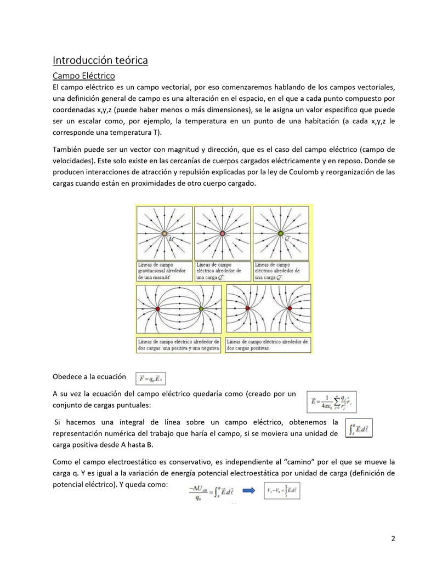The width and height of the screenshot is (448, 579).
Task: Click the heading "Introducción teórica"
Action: click(x=100, y=60)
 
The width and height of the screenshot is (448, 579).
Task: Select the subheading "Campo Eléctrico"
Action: click(x=83, y=76)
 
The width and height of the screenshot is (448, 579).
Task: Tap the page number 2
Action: click(x=393, y=538)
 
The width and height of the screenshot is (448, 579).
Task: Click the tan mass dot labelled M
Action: click(x=165, y=234)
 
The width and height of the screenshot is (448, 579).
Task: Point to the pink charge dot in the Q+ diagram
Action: click(x=222, y=234)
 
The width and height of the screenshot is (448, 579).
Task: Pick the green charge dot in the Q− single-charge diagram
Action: click(x=281, y=234)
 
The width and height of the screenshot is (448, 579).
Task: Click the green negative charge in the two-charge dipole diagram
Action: click(x=201, y=309)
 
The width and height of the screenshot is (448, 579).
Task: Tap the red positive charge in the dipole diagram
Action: click(x=158, y=309)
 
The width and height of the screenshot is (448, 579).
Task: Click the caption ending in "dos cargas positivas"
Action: click(x=268, y=345)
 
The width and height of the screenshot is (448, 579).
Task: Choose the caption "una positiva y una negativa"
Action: click(x=179, y=348)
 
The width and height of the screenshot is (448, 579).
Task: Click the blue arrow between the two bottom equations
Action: click(x=249, y=491)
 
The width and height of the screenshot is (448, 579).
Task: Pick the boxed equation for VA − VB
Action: click(x=281, y=491)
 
